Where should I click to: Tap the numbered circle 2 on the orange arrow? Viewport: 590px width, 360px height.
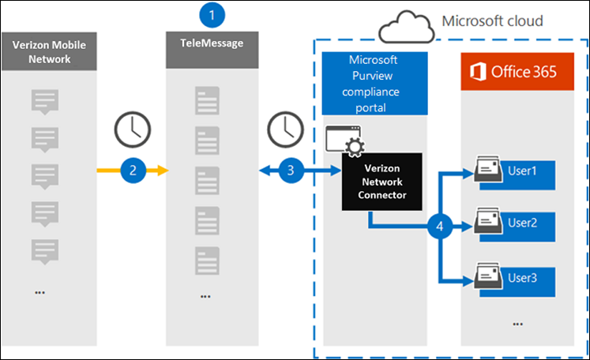coord(133,169)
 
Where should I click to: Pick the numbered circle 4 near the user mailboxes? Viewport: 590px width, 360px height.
coord(439,226)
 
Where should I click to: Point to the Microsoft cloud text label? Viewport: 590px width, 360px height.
coord(494,21)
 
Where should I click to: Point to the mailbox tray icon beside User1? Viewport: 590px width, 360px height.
coord(488,170)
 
